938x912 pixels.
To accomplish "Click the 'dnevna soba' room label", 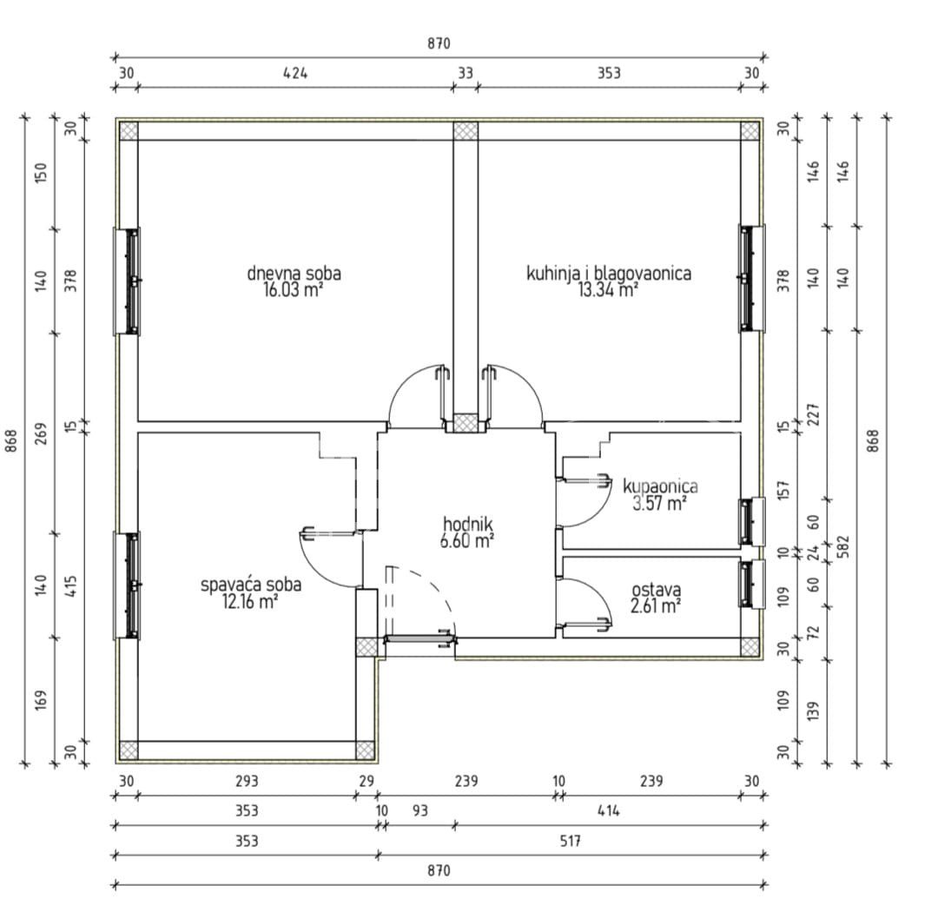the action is click(x=294, y=274).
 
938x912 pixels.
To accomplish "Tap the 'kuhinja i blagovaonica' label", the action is click(x=608, y=274).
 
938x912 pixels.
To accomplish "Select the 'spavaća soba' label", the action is click(x=251, y=585).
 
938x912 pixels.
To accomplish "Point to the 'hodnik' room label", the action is click(x=468, y=524).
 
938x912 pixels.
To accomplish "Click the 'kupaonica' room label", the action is click(x=660, y=486).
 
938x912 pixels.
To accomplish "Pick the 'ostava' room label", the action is click(x=657, y=590).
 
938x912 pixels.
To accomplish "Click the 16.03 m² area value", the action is click(x=294, y=290).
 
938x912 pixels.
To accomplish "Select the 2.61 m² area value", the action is click(x=656, y=606).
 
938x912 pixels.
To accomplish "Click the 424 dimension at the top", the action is click(x=295, y=73).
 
